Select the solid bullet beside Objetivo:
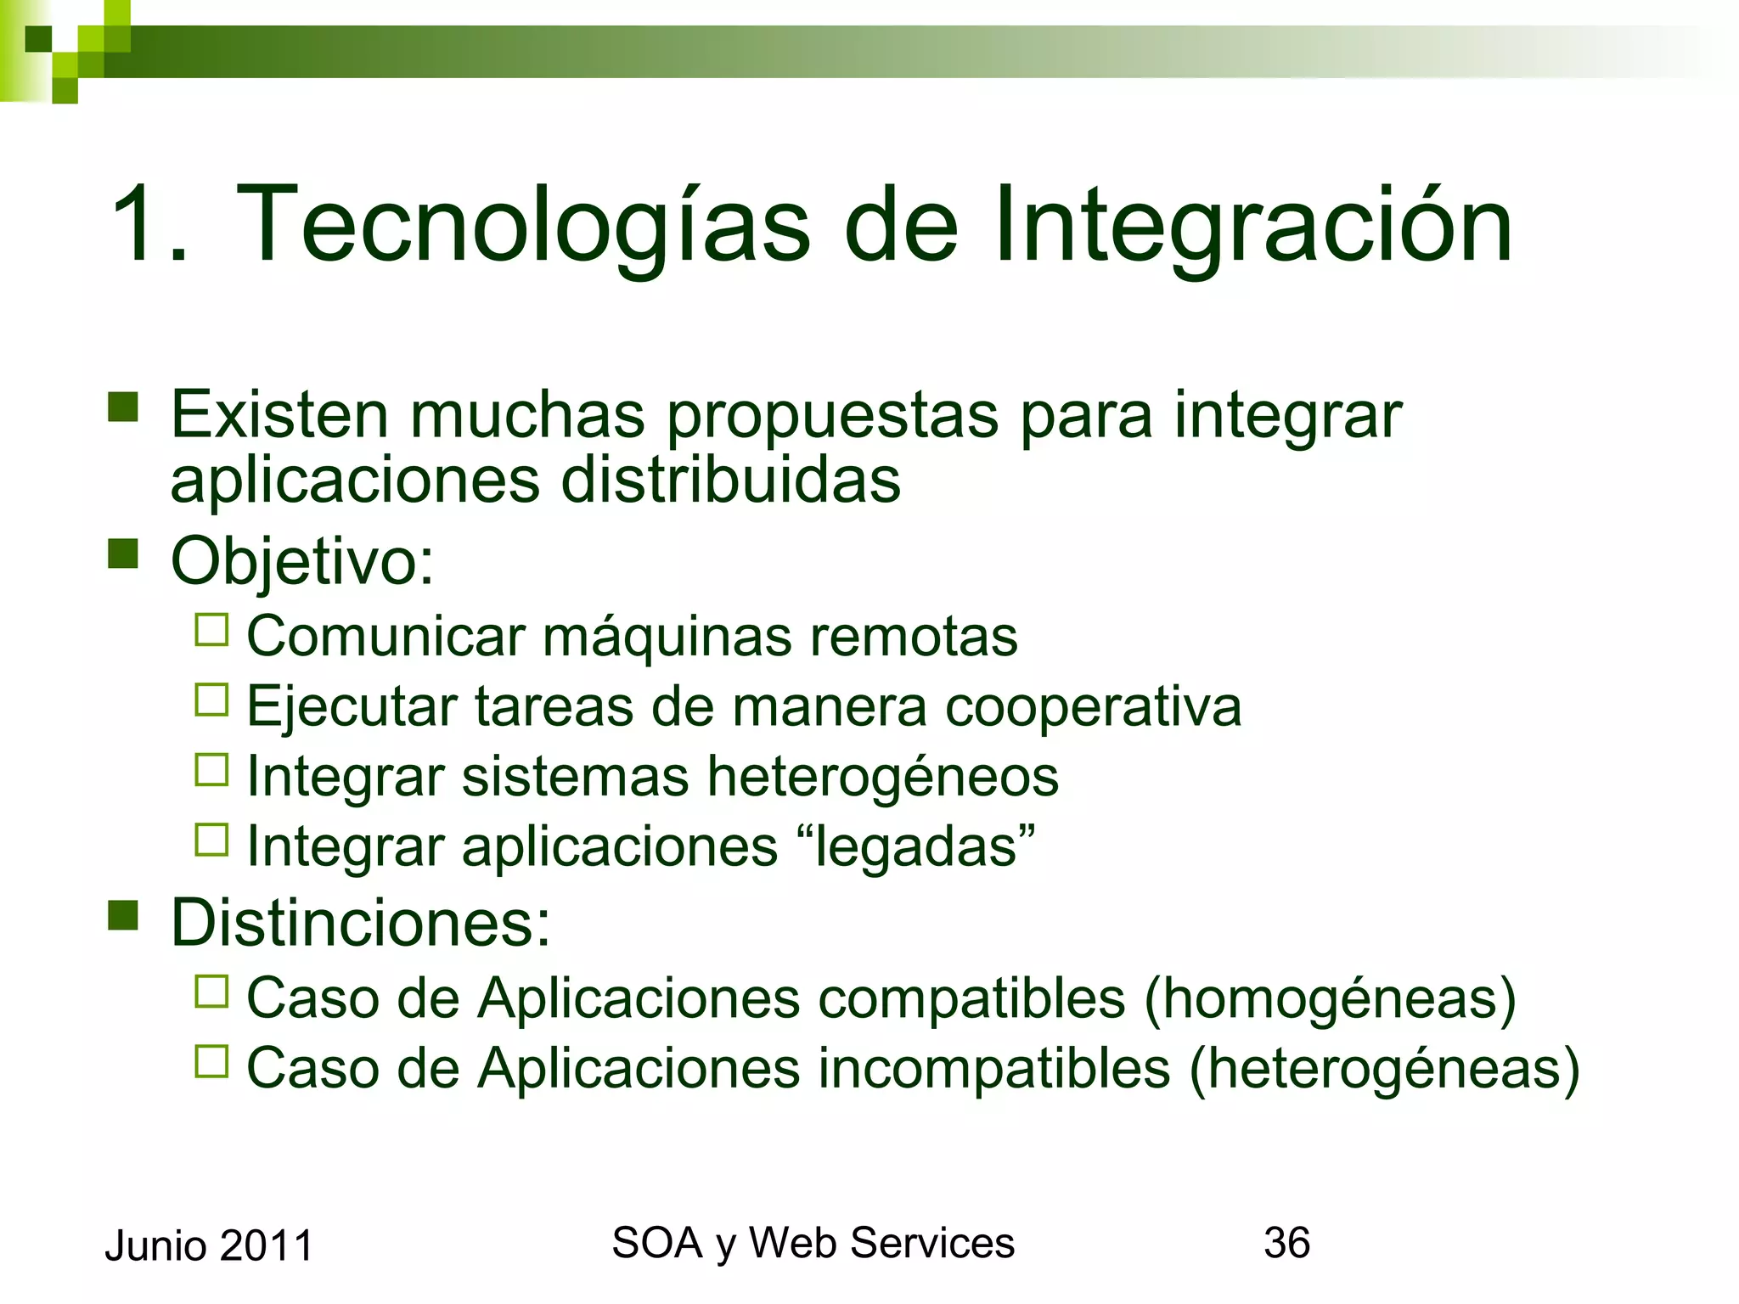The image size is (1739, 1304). [123, 554]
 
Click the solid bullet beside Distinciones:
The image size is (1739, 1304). [123, 916]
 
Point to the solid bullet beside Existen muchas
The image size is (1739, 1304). [123, 407]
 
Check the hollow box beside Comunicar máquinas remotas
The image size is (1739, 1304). [211, 631]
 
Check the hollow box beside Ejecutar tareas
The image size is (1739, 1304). [211, 700]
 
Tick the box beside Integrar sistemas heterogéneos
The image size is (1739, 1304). [211, 770]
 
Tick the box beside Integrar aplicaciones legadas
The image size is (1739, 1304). [211, 840]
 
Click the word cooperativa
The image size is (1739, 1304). [1093, 707]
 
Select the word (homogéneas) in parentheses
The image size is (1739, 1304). [1330, 998]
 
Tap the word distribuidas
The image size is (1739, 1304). [730, 481]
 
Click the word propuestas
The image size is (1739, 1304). [832, 416]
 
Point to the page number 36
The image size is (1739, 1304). [1286, 1243]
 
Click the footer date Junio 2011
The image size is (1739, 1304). [209, 1246]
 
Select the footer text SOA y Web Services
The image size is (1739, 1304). [813, 1243]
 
